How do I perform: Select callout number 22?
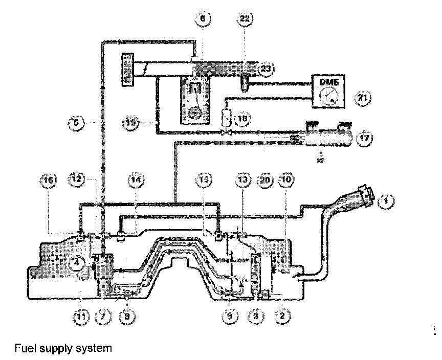pos(245,19)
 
